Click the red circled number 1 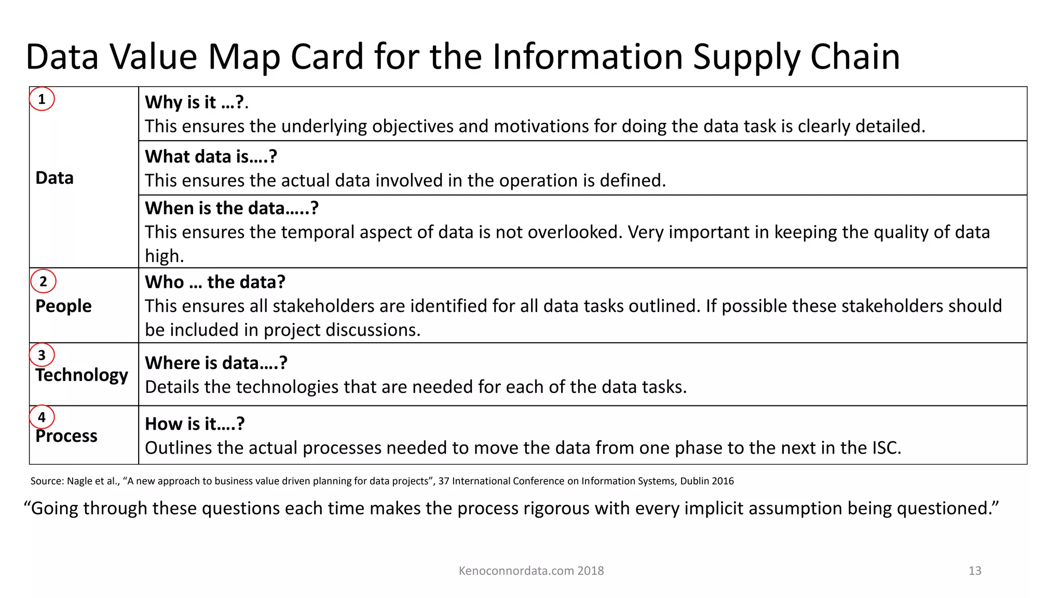tap(42, 99)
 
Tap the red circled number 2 tap(43, 281)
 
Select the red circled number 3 tap(42, 355)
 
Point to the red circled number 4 tap(42, 417)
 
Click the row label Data tap(54, 178)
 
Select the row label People tap(63, 306)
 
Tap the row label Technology tap(81, 375)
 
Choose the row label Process tap(66, 436)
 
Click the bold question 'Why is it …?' tap(195, 102)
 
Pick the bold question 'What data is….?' tap(211, 156)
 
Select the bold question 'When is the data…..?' tap(231, 208)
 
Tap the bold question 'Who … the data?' tap(215, 282)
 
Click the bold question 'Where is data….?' tap(216, 363)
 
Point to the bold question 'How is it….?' tap(195, 424)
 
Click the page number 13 tap(975, 570)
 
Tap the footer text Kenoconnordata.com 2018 tap(531, 570)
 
